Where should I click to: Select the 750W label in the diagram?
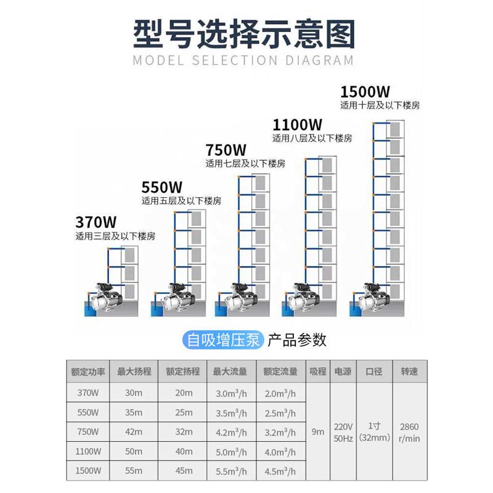226,150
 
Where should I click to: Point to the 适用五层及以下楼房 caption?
181,201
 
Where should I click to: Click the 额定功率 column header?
88,372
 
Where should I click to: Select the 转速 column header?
409,372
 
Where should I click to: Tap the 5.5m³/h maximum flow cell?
230,471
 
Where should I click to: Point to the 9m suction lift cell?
318,432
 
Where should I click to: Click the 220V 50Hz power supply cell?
343,431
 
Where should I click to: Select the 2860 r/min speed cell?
409,431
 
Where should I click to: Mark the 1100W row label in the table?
88,452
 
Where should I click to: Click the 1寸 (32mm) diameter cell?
374,431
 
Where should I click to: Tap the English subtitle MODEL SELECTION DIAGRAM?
243,60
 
